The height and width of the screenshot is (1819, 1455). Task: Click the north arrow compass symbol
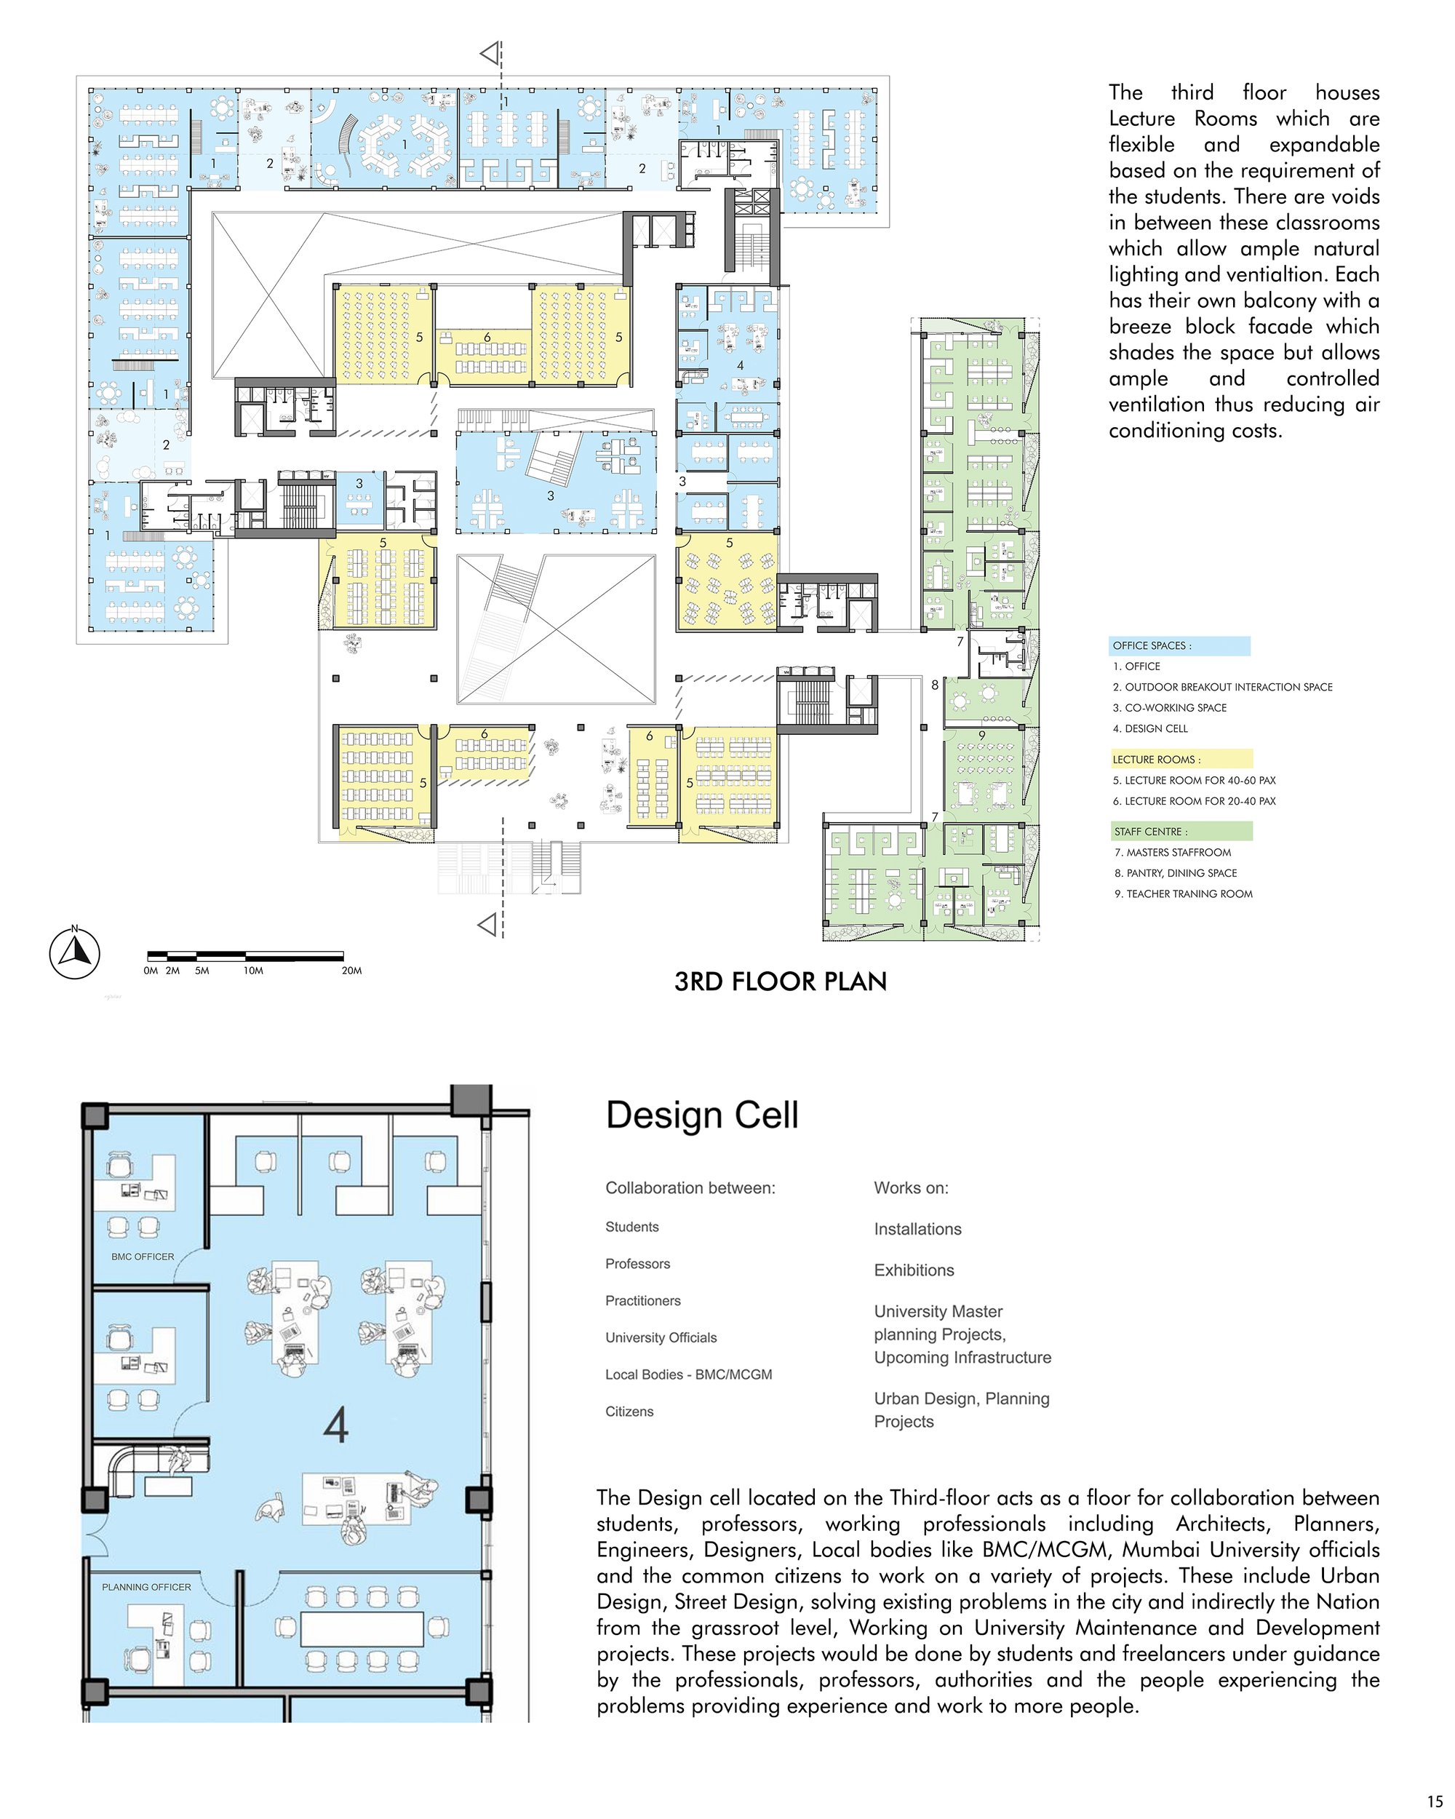(x=74, y=953)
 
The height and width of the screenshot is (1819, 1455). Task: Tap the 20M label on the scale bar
(x=351, y=971)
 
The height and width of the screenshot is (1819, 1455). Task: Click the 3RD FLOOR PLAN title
(x=780, y=982)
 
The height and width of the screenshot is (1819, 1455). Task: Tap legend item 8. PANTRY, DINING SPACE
(x=1176, y=873)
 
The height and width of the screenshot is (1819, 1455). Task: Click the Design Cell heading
(x=702, y=1115)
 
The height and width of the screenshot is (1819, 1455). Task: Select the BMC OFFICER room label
(x=143, y=1257)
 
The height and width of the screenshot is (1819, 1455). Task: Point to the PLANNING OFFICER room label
(x=147, y=1587)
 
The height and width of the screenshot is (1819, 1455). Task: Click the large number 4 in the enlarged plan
(x=335, y=1426)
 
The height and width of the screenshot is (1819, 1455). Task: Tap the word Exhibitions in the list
(x=914, y=1270)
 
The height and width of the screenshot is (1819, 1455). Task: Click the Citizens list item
(x=629, y=1412)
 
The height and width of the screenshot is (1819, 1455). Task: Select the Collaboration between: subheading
(x=690, y=1188)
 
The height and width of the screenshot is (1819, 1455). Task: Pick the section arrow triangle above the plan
(x=489, y=54)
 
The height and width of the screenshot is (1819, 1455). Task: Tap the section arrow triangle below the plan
(x=487, y=926)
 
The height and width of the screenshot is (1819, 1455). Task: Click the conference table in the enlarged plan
(x=362, y=1629)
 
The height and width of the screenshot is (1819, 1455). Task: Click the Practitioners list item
(x=642, y=1301)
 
